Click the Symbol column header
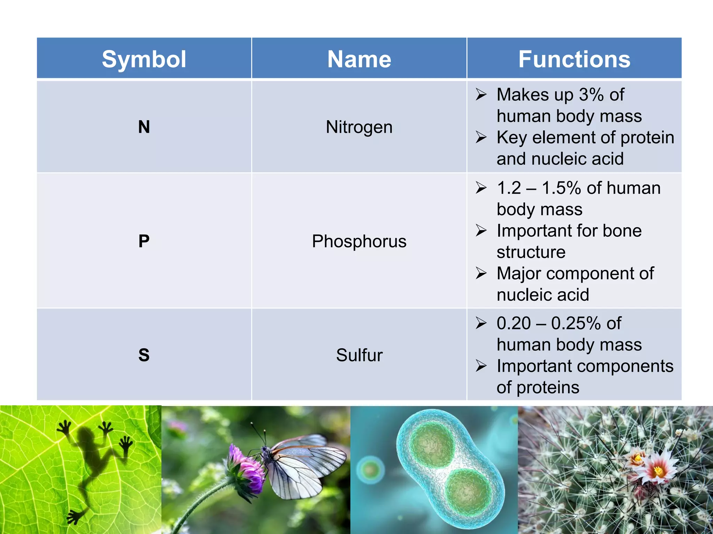pos(144,59)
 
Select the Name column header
pos(359,59)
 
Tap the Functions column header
pos(574,59)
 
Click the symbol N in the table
pos(144,127)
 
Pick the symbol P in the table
pos(144,241)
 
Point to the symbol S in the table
pos(144,355)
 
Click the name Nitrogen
pos(359,127)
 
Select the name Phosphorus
pos(359,241)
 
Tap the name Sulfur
pos(359,355)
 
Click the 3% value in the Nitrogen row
pos(591,95)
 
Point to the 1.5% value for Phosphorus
pos(561,188)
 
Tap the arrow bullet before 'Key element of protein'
pos(481,137)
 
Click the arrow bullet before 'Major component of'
pos(481,273)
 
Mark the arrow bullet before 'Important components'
pos(481,366)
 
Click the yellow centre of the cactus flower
pos(658,471)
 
